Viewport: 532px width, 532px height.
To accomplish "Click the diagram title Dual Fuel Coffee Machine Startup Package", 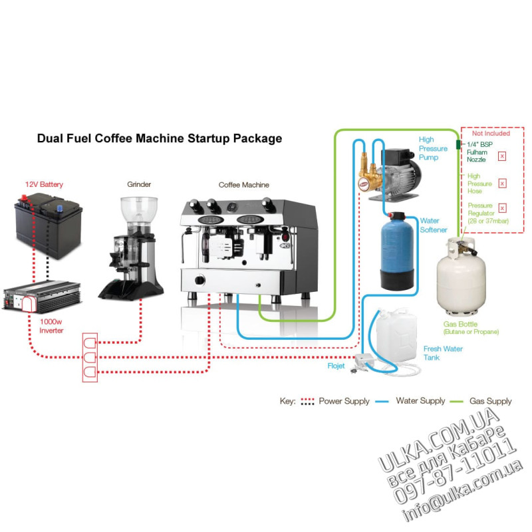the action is coord(160,138).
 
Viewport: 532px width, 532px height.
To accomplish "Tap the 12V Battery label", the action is coord(44,184).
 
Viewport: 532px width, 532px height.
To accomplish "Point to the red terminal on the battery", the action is coord(24,198).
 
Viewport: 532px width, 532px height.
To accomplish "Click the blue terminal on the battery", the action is coord(60,207).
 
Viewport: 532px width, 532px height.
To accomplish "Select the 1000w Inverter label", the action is coord(51,326).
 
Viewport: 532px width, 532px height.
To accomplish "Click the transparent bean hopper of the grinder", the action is coord(139,209).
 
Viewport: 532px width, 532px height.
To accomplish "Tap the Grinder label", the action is coord(139,184).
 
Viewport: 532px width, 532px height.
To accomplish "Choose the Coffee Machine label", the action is coord(243,185).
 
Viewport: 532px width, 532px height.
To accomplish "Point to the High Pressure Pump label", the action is coord(433,148).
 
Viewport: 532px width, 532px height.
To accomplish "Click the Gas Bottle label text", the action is coord(460,324).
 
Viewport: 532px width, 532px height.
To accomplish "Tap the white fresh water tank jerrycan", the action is coord(396,336).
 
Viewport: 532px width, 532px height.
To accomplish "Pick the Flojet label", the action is coord(336,366).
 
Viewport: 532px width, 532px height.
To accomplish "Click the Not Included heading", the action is coord(491,134).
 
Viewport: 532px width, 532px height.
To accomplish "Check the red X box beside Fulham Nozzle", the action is coord(502,156).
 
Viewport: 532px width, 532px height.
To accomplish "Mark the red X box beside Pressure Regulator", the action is coord(503,208).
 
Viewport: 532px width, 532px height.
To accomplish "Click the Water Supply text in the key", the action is coord(420,401).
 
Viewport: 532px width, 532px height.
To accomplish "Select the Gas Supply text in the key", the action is coord(490,401).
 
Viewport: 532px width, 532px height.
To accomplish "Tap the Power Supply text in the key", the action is coord(344,401).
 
